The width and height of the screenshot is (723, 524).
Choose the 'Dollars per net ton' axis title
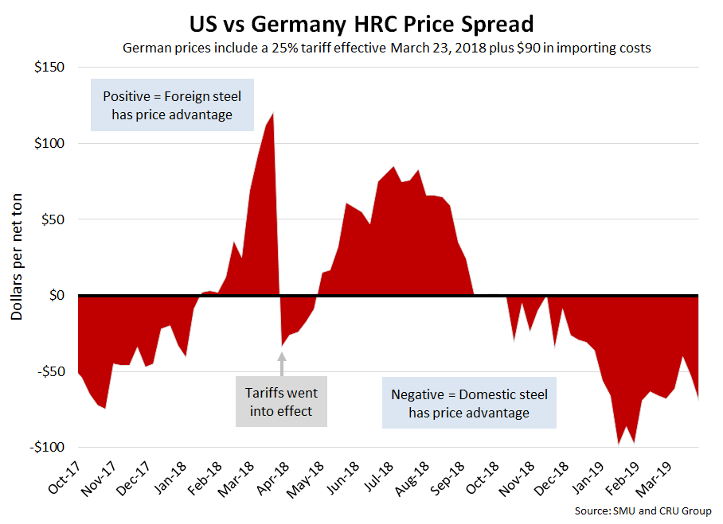tap(17, 257)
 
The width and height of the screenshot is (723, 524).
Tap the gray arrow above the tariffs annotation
tap(281, 363)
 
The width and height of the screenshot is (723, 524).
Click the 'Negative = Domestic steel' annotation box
tap(469, 403)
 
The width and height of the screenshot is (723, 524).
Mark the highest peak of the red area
tap(273, 114)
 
